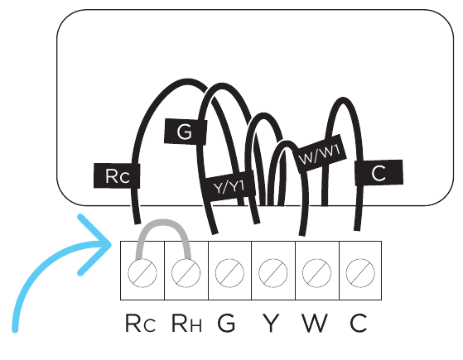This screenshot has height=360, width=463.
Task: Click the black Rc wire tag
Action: tap(117, 176)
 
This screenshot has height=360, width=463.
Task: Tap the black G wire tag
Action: tap(186, 132)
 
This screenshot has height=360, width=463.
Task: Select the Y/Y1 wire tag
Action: tap(229, 186)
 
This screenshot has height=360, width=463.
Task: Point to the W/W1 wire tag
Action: tap(321, 153)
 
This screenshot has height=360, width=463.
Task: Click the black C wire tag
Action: tap(379, 173)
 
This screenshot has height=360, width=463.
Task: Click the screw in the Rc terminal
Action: tap(142, 273)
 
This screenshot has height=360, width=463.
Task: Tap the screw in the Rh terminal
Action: tap(186, 273)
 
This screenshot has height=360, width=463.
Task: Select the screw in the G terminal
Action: tap(229, 273)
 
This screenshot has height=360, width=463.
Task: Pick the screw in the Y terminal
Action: tap(273, 273)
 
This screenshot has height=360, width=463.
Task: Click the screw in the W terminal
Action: tap(317, 273)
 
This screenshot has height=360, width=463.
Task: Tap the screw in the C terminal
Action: tap(360, 273)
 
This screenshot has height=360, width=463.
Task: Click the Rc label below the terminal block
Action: tap(140, 323)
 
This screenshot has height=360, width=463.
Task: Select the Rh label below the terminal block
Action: tap(186, 323)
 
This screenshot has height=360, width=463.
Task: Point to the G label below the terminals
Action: tap(226, 323)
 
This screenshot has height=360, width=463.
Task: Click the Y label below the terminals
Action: tap(271, 323)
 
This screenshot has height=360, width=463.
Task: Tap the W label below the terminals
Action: tap(315, 323)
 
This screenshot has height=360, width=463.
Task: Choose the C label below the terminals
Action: tap(358, 323)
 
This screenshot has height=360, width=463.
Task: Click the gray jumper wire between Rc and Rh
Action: tap(163, 222)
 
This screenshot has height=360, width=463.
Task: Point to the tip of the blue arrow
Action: tap(111, 244)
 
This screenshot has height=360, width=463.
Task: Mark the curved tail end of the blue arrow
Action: tap(15, 330)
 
